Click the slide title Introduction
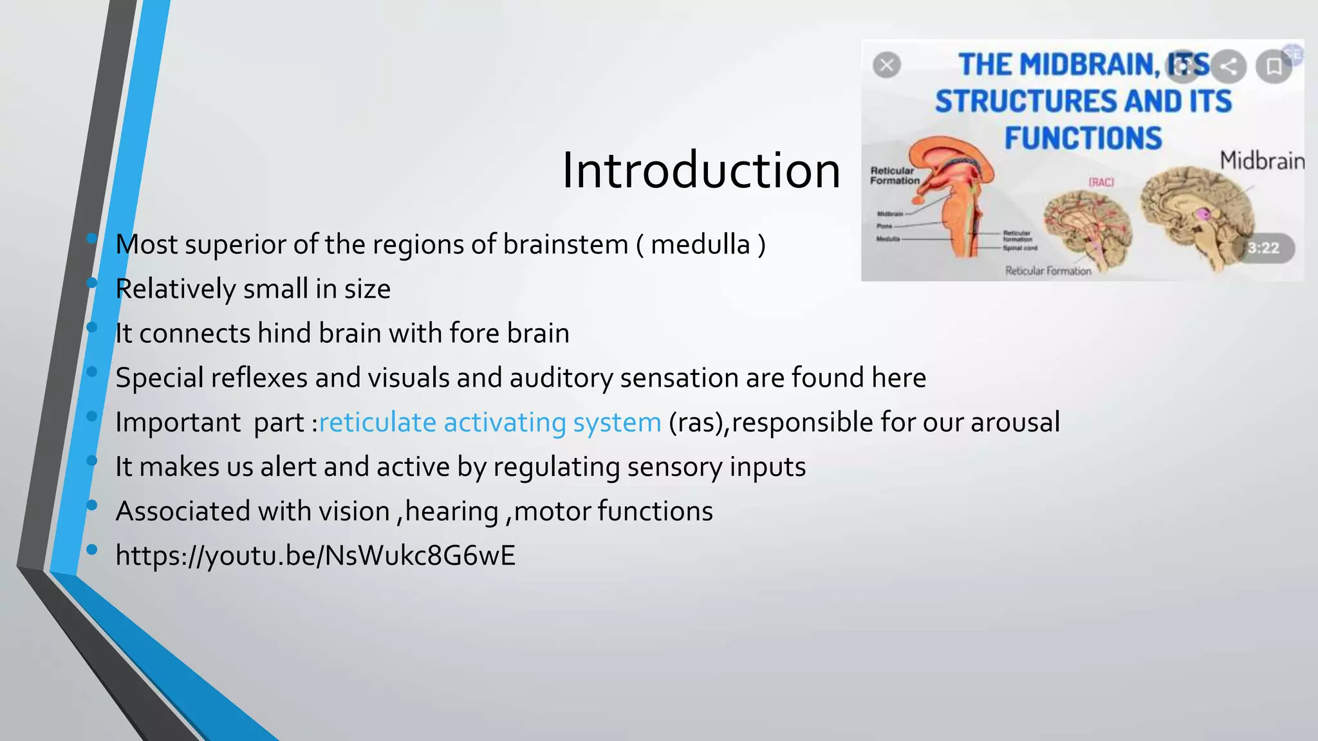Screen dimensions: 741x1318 [x=701, y=170]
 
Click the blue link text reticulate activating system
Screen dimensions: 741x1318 [x=490, y=423]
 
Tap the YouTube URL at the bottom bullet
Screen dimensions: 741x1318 [x=315, y=556]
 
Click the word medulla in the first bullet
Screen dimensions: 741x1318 [x=700, y=245]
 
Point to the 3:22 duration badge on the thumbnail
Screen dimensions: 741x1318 [x=1263, y=248]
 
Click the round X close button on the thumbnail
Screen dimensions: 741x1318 [x=887, y=65]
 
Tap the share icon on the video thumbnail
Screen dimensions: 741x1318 [x=1229, y=66]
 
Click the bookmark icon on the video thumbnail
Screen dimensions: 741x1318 [x=1274, y=66]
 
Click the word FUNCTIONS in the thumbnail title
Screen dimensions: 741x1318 [x=1083, y=138]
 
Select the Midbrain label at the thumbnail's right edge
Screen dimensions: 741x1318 [x=1261, y=160]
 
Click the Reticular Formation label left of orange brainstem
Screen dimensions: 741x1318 [x=894, y=176]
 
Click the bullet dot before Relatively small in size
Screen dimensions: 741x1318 [x=92, y=282]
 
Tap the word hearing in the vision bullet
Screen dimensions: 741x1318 [x=452, y=511]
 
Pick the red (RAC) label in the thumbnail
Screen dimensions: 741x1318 [x=1101, y=183]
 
